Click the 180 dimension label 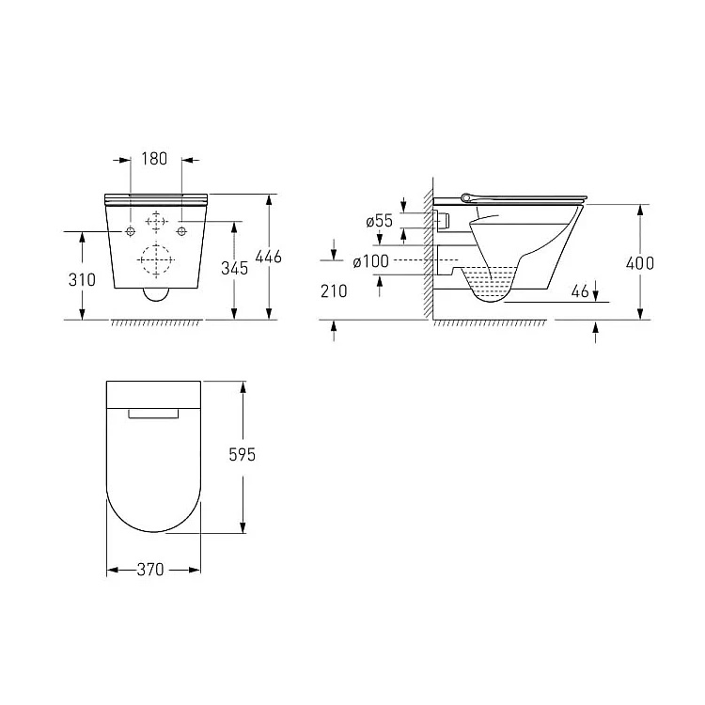(154, 159)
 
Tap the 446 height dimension (269, 258)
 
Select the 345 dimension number (234, 269)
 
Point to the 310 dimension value (82, 280)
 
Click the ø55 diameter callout (379, 221)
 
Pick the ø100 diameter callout (371, 261)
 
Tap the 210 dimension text (334, 291)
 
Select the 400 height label (640, 263)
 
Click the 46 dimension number (580, 291)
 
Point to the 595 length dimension (242, 455)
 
